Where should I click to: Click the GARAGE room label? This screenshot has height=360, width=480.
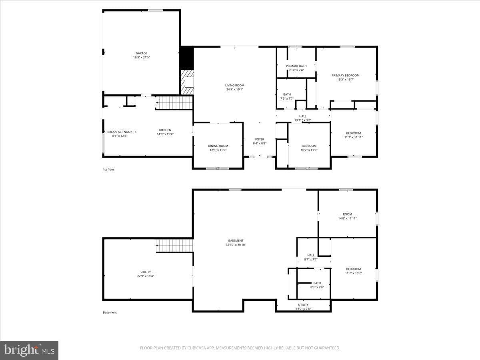pos(142,53)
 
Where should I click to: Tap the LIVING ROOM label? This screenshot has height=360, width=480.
pos(235,85)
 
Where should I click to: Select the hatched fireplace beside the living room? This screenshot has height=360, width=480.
pos(188,82)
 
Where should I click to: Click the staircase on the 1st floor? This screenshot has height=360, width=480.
pos(174,102)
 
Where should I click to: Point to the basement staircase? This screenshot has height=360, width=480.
pos(175,246)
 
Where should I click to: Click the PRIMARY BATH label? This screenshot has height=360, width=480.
pos(296,66)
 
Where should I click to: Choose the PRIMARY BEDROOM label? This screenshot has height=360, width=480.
pos(346,76)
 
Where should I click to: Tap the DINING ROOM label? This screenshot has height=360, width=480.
pos(218,146)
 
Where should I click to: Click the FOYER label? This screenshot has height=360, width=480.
pos(260,139)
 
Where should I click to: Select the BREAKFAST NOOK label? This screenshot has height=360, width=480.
pos(120,132)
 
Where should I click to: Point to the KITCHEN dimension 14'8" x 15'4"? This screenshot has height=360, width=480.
pos(165,134)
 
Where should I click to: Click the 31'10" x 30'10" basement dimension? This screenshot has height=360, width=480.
pos(236,244)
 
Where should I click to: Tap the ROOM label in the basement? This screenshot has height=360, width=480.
pos(348,214)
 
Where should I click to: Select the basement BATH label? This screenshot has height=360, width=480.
pos(317,283)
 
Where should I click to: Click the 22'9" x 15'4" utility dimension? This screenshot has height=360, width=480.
pos(146,276)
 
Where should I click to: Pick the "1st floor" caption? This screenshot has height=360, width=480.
pos(108,169)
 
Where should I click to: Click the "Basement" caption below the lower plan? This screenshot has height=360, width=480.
pos(110,312)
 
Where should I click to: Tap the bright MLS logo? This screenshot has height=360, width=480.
pos(29,350)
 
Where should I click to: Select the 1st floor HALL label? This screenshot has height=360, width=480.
pos(303,116)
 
